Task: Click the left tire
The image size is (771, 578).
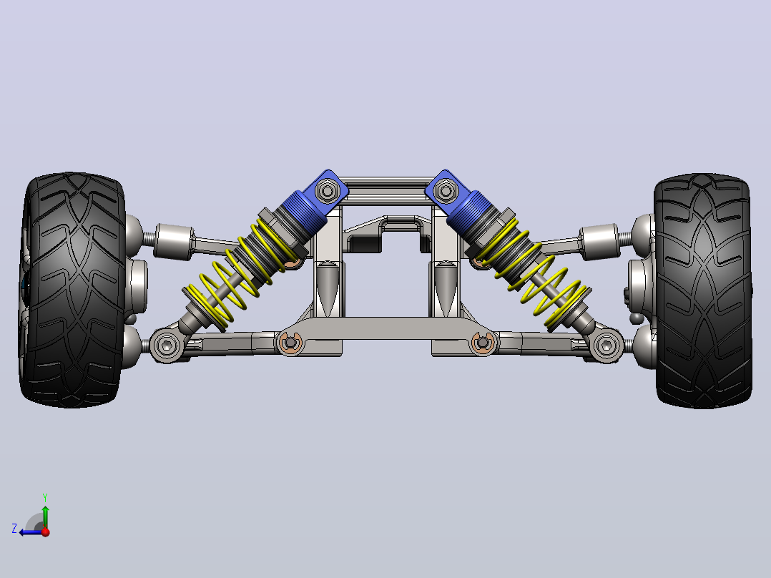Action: pyautogui.click(x=72, y=290)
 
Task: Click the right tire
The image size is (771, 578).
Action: pyautogui.click(x=703, y=290)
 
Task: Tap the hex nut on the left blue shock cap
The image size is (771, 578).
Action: pyautogui.click(x=326, y=190)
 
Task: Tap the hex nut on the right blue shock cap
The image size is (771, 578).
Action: pyautogui.click(x=446, y=190)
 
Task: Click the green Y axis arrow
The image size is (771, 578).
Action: pyautogui.click(x=45, y=517)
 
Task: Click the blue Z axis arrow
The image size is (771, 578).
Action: pyautogui.click(x=31, y=532)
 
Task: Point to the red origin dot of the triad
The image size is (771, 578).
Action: pyautogui.click(x=46, y=532)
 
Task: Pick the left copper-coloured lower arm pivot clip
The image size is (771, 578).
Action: pyautogui.click(x=290, y=342)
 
